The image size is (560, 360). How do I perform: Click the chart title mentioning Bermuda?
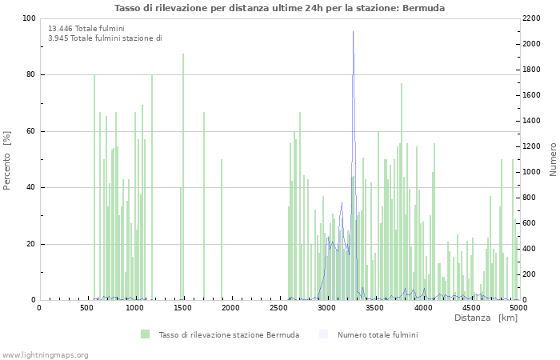tap(279, 8)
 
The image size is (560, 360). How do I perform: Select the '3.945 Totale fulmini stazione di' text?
tap(104, 38)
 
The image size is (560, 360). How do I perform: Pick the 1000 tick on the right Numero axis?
tap(534, 172)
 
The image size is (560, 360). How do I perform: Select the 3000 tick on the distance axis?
tap(326, 307)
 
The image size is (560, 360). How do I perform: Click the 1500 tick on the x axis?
tap(182, 307)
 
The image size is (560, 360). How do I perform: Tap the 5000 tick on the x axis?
tap(518, 307)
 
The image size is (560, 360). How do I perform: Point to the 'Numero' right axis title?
tap(552, 160)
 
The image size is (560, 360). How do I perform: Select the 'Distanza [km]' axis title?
tap(486, 318)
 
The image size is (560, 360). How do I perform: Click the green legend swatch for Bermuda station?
tap(145, 334)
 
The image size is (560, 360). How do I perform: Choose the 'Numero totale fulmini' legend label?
tap(377, 334)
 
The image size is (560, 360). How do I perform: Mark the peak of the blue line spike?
tap(353, 33)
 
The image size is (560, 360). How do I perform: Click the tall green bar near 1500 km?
tap(183, 176)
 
